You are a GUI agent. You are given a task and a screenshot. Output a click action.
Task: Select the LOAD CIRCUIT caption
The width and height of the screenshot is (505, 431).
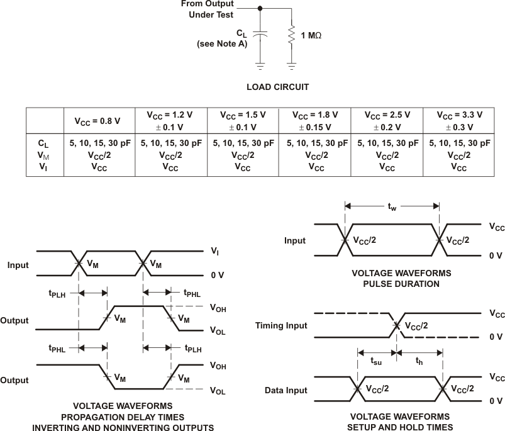coord(277,87)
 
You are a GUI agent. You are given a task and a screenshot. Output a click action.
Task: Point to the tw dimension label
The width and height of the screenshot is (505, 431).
coord(391,206)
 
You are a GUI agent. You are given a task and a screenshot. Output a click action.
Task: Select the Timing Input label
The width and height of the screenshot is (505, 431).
coord(281,325)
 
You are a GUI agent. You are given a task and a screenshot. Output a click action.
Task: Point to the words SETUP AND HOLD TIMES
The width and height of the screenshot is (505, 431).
coord(400,427)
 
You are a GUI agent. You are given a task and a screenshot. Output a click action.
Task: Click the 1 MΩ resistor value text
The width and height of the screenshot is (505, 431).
coord(311,35)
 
